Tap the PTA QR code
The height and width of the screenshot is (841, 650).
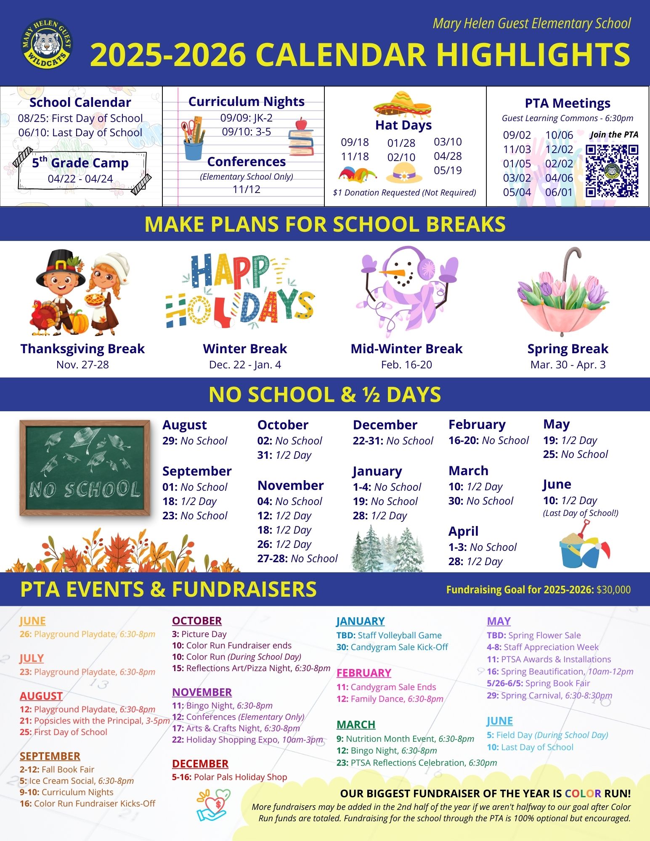click(x=612, y=171)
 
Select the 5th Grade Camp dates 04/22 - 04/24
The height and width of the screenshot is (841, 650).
click(x=80, y=179)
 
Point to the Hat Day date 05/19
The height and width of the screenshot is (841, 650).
click(x=448, y=170)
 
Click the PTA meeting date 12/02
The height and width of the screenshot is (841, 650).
click(x=559, y=149)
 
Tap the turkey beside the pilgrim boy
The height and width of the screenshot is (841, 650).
click(x=43, y=317)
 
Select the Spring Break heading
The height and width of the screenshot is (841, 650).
click(x=568, y=349)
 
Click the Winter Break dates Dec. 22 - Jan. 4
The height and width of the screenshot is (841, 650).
click(x=245, y=365)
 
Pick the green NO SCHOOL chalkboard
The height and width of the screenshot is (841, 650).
click(x=85, y=468)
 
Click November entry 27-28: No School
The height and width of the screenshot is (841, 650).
click(x=297, y=558)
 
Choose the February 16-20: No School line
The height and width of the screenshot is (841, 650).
click(x=488, y=440)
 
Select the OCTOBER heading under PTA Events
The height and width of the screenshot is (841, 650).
click(x=196, y=621)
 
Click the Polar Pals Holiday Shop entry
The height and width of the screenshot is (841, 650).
click(x=230, y=777)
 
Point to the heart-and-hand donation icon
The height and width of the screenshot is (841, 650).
click(x=214, y=805)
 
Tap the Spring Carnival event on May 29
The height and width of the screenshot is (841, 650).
click(x=549, y=695)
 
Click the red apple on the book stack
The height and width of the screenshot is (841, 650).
click(x=301, y=124)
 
